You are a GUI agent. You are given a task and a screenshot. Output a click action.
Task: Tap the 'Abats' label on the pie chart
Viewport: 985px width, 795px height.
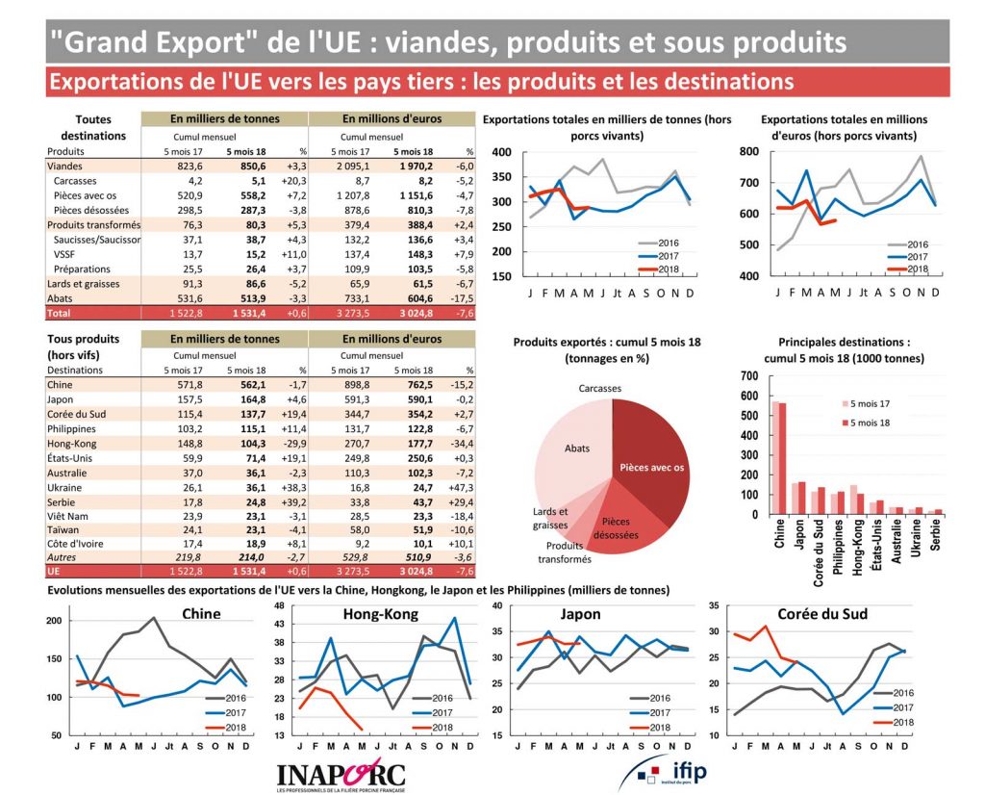click(577, 449)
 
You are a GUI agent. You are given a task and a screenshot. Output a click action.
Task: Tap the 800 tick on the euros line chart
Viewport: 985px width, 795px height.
click(748, 153)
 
